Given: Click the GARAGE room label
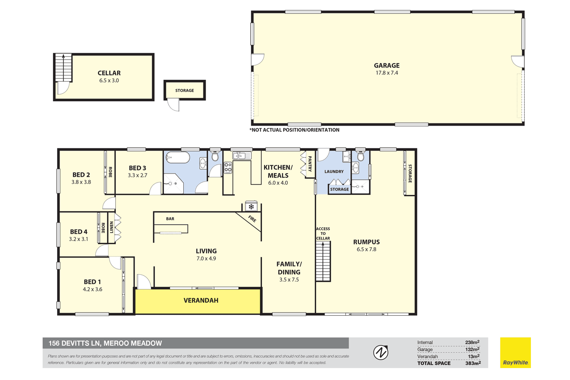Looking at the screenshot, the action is click(x=387, y=65).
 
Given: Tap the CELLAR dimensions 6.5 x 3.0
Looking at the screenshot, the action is click(x=109, y=80).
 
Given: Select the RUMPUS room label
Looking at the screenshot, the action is click(x=366, y=242).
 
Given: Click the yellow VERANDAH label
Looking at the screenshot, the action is click(x=201, y=301).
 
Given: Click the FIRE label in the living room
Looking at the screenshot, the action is click(x=252, y=219).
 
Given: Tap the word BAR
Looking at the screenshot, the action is click(x=170, y=219).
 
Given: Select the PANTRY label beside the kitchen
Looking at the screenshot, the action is click(x=310, y=164).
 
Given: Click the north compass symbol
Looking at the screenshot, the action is click(x=381, y=352).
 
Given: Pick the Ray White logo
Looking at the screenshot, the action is click(x=515, y=352).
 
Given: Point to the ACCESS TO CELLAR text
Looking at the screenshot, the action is click(x=323, y=234).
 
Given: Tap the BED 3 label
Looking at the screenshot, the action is click(x=138, y=168).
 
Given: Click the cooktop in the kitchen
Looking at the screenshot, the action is click(x=228, y=167).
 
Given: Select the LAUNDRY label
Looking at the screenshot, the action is click(x=334, y=171).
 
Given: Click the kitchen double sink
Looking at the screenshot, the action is click(x=241, y=155).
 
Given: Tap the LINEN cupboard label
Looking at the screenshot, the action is click(x=111, y=227).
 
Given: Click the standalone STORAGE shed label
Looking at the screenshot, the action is click(x=185, y=91).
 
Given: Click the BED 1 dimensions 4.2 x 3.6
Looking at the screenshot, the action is click(x=92, y=289).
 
